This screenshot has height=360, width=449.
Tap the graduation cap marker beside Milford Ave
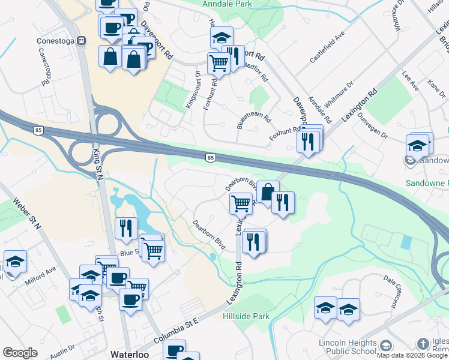(15, 261)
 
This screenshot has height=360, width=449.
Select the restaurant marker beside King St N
(125, 228)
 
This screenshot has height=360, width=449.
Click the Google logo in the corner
(20, 353)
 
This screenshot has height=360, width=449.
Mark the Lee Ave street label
(410, 82)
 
